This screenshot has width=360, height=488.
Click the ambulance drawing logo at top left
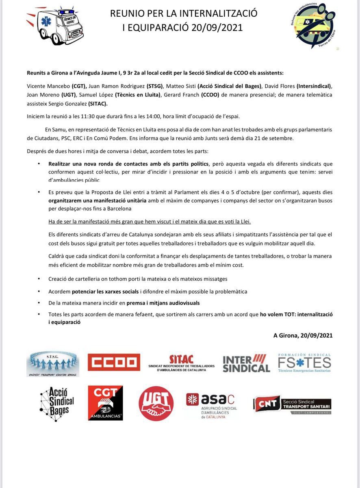tap(57, 25)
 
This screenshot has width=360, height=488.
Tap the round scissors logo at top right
tap(316, 25)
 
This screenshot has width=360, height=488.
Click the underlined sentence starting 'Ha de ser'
tap(150, 221)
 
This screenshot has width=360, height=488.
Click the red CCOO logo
tap(114, 362)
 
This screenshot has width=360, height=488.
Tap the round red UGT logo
tap(156, 403)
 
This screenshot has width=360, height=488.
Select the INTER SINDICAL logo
tap(246, 363)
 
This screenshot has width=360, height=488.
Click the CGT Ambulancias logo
tap(105, 403)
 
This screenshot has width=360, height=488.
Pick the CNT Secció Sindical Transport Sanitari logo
tap(293, 404)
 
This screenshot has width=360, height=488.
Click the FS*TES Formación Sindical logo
tap(304, 363)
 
